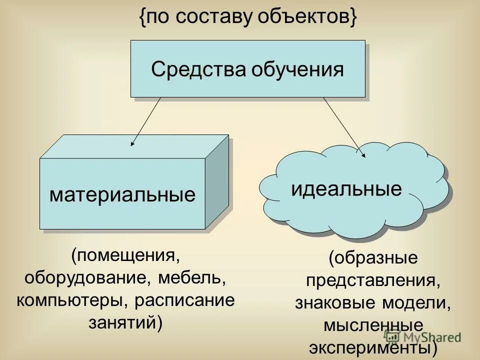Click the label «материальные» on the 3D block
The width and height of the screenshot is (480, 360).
122,194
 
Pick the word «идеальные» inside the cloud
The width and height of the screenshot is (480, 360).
346,189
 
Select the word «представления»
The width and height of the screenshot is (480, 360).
373,280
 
